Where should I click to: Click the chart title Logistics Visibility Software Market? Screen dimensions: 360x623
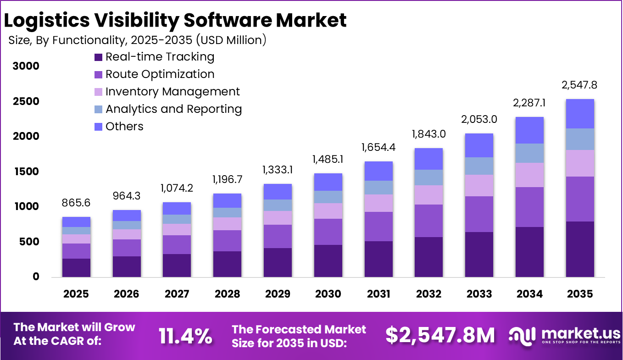point(175,20)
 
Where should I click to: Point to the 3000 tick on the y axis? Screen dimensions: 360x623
point(26,66)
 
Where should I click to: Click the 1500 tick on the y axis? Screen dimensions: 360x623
point(26,172)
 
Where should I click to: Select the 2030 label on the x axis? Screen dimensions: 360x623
point(328,294)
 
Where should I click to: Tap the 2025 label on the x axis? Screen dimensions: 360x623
point(76,294)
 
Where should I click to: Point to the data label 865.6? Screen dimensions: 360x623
point(76,203)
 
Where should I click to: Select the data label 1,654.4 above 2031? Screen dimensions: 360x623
point(378,148)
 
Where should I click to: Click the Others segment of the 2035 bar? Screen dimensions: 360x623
point(580,114)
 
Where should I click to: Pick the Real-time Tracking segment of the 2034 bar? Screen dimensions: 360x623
point(529,252)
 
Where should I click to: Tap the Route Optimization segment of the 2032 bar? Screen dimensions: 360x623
point(428,221)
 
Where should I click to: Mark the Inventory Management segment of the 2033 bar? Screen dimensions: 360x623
point(479,185)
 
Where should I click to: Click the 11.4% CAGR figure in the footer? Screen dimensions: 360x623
point(185,336)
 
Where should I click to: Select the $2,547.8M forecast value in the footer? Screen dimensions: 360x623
point(440,336)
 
